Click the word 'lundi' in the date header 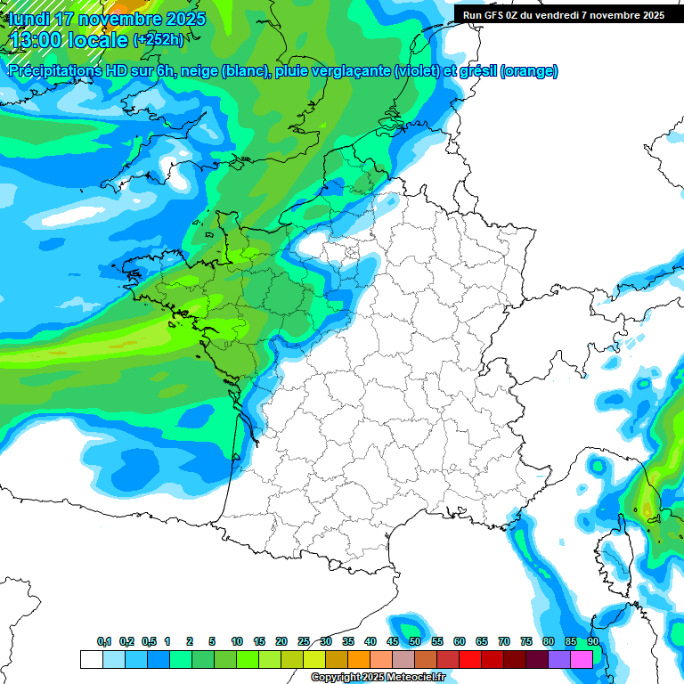(29, 19)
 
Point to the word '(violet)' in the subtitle (417, 71)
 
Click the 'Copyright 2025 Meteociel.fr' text (378, 678)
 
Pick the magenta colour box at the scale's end (582, 659)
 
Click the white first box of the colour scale (91, 659)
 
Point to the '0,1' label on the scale (104, 641)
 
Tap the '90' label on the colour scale (593, 641)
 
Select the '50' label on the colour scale (415, 641)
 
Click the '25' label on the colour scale (304, 641)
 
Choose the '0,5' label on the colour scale (149, 641)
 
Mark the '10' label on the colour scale (237, 641)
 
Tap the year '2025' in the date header (181, 19)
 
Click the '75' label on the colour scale (526, 641)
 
